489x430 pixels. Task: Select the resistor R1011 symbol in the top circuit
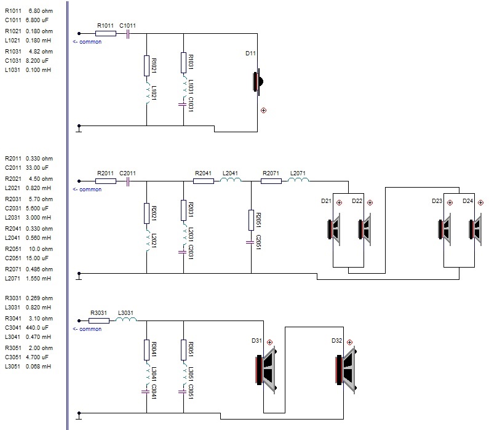coord(105,34)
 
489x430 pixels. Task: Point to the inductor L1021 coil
coord(147,94)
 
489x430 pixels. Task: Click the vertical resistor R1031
coord(183,63)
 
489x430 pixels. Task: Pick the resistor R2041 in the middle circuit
coord(204,181)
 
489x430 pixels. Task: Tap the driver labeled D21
coord(336,229)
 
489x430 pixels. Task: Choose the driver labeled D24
coord(474,229)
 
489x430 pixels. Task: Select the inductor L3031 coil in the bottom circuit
coord(126,321)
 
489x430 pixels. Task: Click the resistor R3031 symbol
coord(99,321)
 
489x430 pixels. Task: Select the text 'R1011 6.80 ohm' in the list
coord(28,10)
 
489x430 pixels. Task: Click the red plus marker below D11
coord(264,111)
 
